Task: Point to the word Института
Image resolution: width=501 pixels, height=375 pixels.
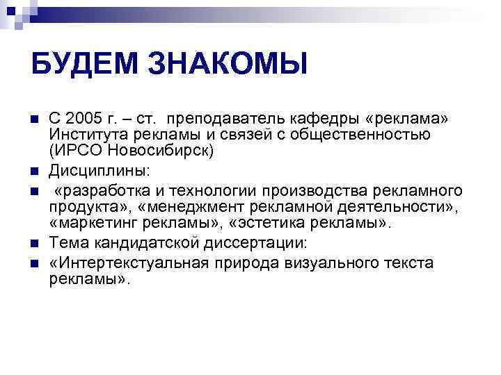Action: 83,133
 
